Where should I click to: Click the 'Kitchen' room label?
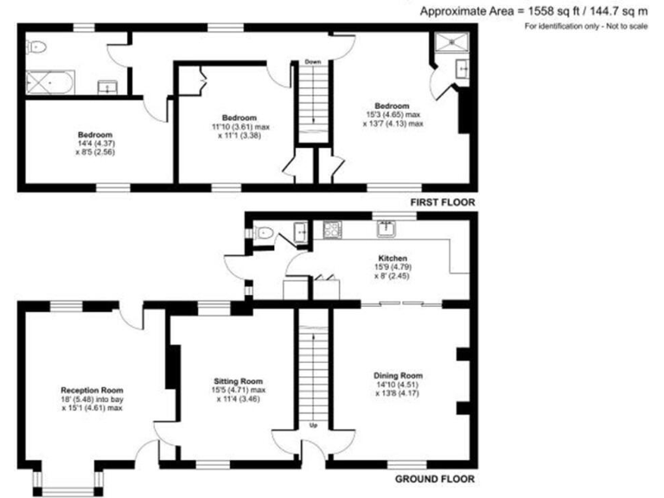click(x=393, y=258)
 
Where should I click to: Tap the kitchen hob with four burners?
click(x=332, y=230)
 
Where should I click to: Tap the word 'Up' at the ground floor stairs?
click(x=313, y=425)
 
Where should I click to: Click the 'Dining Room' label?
click(x=399, y=375)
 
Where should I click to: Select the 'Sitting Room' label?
click(x=238, y=380)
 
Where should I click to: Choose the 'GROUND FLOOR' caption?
click(x=435, y=478)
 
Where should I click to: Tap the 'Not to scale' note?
click(x=622, y=26)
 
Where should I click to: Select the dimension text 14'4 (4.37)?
click(x=95, y=144)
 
